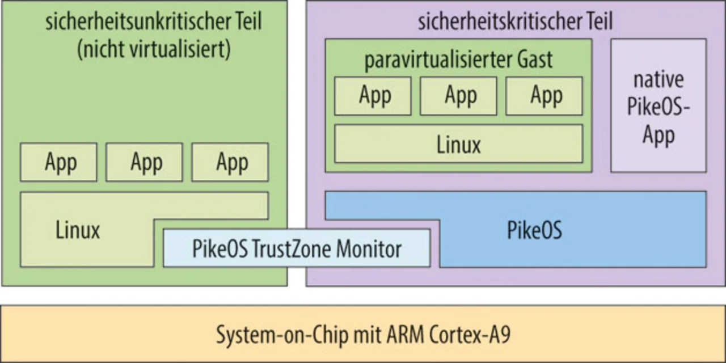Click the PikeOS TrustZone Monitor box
[x=296, y=248]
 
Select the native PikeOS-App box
[x=658, y=105]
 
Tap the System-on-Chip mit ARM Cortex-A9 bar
[x=363, y=334]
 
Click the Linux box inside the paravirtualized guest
[x=458, y=144]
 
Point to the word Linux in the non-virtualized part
[x=78, y=230]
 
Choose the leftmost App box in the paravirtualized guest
[x=373, y=96]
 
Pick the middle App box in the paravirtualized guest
[x=458, y=96]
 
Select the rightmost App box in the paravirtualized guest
[x=544, y=96]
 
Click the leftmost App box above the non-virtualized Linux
[x=58, y=162]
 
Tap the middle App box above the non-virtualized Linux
[x=144, y=162]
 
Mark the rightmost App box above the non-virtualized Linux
[x=230, y=162]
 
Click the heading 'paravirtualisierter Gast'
[x=458, y=59]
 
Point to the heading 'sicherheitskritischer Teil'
[x=515, y=22]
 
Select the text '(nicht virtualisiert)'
[x=153, y=49]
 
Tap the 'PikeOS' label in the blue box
[x=534, y=230]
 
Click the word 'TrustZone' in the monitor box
[x=291, y=248]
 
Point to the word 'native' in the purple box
[x=658, y=79]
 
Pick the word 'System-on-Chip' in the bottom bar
[x=275, y=335]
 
